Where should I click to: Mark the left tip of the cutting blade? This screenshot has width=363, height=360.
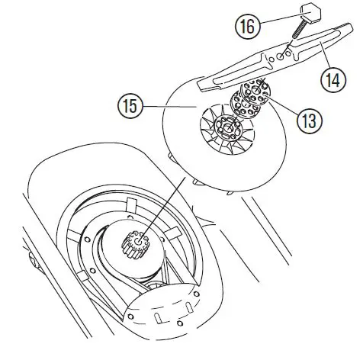tap(204, 81)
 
